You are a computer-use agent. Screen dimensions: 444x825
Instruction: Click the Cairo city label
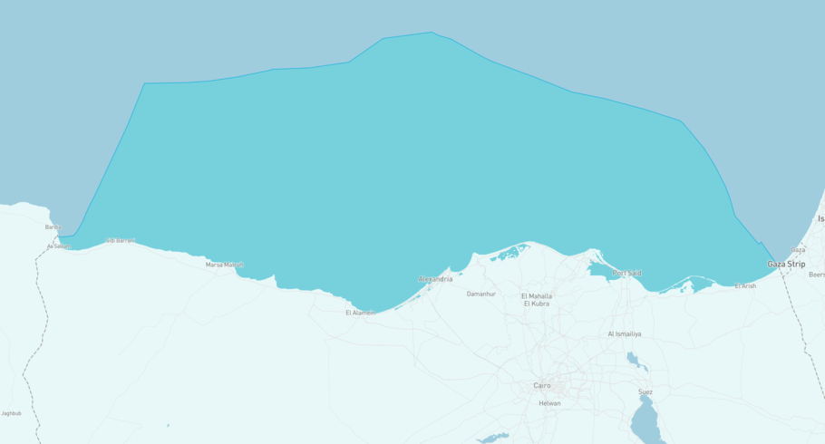click(541, 385)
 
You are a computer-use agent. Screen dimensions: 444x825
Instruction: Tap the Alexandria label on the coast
click(435, 279)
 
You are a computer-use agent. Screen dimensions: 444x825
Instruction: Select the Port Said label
click(626, 273)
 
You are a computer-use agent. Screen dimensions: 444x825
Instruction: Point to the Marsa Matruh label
click(224, 265)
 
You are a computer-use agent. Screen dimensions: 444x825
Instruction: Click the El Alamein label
click(360, 313)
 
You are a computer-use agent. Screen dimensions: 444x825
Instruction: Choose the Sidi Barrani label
click(121, 240)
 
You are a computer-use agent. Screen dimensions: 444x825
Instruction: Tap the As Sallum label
click(58, 246)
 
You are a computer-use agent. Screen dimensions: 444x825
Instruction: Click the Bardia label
click(53, 227)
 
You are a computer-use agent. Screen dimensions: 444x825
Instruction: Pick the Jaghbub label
click(11, 413)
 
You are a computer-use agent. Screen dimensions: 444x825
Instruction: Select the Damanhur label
click(480, 294)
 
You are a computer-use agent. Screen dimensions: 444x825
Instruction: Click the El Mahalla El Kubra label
click(537, 300)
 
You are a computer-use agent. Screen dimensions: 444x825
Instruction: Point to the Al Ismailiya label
click(624, 334)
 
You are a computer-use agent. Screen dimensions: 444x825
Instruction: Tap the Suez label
click(645, 392)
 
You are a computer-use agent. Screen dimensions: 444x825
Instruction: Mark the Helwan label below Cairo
click(549, 403)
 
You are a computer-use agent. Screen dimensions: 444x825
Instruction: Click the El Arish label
click(745, 286)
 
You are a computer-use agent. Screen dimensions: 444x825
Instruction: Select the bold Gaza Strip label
click(786, 264)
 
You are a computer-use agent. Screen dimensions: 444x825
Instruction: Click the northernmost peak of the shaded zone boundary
click(432, 33)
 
